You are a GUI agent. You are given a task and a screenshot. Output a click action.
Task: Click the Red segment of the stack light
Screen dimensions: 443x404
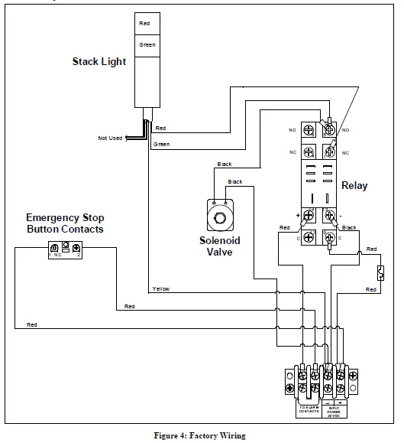pyautogui.click(x=145, y=24)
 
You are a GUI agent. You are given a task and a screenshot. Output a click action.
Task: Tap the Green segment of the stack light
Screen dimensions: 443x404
pyautogui.click(x=147, y=44)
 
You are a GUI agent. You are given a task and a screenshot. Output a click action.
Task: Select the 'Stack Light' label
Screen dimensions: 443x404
pyautogui.click(x=99, y=60)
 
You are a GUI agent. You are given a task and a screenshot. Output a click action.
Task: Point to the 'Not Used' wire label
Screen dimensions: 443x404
pyautogui.click(x=110, y=138)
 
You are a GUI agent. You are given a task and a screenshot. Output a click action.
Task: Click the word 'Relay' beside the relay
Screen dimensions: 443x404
pyautogui.click(x=354, y=185)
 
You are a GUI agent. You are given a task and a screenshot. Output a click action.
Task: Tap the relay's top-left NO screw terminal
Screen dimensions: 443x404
pyautogui.click(x=311, y=130)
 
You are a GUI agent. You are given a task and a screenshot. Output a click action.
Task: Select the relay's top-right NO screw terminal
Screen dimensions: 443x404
pyautogui.click(x=329, y=130)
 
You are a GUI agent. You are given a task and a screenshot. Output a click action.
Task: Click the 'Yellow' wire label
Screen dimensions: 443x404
pyautogui.click(x=161, y=289)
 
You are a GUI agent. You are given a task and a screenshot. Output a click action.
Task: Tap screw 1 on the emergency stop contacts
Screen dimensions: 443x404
pyautogui.click(x=54, y=249)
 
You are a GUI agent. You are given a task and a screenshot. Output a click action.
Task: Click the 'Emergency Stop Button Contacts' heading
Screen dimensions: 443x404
pyautogui.click(x=65, y=223)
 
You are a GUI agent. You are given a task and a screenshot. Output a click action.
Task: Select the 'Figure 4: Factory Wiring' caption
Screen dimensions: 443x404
pyautogui.click(x=202, y=436)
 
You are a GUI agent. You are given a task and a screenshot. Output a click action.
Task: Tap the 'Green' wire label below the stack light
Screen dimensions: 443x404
pyautogui.click(x=161, y=144)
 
